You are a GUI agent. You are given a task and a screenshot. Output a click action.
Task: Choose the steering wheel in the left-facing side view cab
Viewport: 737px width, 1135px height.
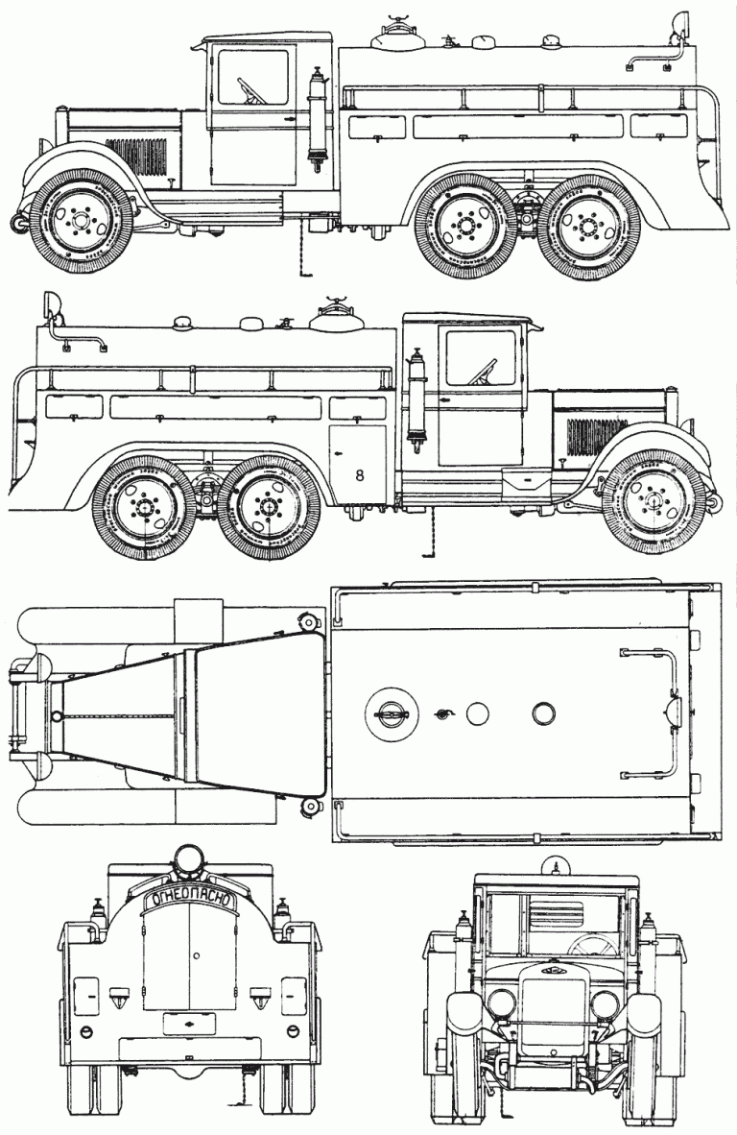click(251, 92)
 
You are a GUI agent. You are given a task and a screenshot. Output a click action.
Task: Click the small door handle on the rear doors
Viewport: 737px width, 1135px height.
click(195, 955)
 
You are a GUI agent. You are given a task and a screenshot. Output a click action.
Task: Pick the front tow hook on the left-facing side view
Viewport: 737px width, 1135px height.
click(17, 224)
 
